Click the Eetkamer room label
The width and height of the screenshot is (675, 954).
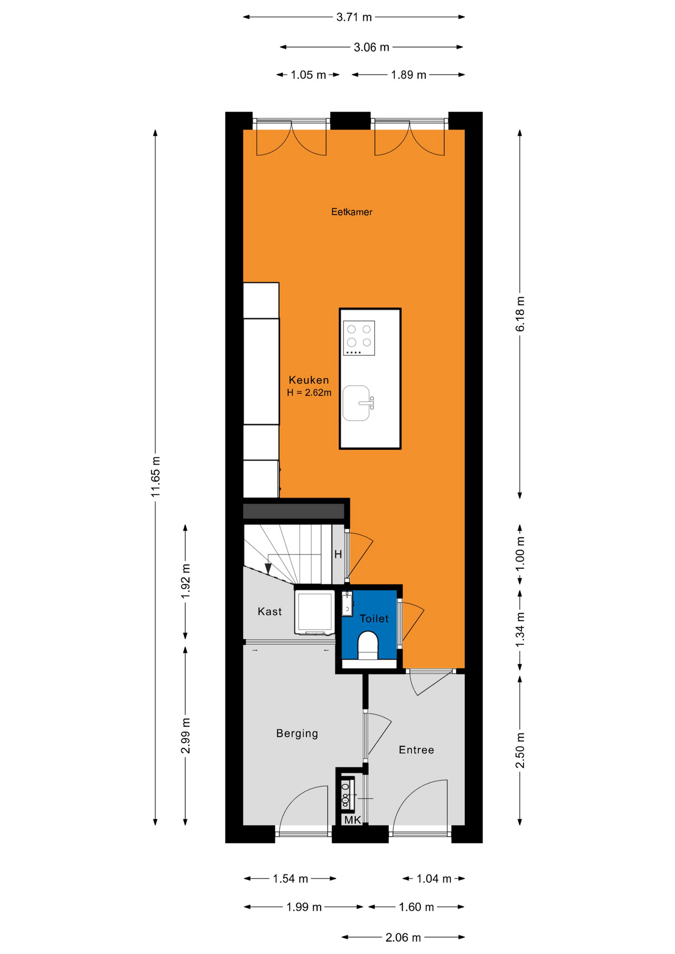pyautogui.click(x=351, y=212)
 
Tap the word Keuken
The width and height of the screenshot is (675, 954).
pyautogui.click(x=309, y=380)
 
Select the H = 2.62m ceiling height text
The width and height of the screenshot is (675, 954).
pyautogui.click(x=309, y=393)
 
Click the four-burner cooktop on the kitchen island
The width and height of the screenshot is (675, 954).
pyautogui.click(x=359, y=338)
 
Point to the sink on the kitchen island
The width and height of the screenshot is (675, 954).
pyautogui.click(x=357, y=403)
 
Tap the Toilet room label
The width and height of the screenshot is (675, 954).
pyautogui.click(x=374, y=619)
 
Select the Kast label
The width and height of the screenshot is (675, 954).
pyautogui.click(x=269, y=612)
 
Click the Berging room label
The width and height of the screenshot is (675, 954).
pyautogui.click(x=297, y=733)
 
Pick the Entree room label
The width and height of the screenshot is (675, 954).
pyautogui.click(x=416, y=750)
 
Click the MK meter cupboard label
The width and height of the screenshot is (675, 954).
pyautogui.click(x=352, y=820)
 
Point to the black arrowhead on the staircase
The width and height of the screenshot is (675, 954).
pyautogui.click(x=268, y=568)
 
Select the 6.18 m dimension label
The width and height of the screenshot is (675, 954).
pyautogui.click(x=520, y=314)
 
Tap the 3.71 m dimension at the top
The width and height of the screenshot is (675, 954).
pyautogui.click(x=354, y=17)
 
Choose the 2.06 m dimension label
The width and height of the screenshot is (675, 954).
pyautogui.click(x=403, y=938)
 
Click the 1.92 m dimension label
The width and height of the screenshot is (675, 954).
pyautogui.click(x=185, y=581)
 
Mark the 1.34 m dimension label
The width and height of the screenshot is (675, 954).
pyautogui.click(x=520, y=630)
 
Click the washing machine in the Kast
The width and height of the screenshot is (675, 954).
pyautogui.click(x=315, y=612)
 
